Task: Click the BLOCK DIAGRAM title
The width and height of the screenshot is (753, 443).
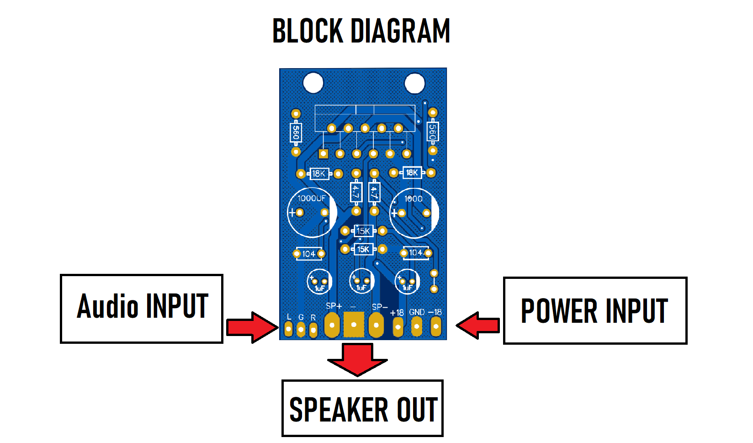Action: click(x=361, y=31)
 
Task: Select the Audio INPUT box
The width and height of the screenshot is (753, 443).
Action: click(x=142, y=309)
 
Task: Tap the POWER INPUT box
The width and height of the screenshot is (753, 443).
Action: click(x=595, y=310)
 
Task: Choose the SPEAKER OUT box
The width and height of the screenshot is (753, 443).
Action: click(x=363, y=408)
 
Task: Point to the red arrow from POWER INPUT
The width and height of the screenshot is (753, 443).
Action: click(x=477, y=325)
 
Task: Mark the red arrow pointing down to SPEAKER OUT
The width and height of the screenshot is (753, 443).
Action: click(x=357, y=359)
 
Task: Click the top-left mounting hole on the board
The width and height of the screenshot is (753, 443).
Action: click(x=313, y=83)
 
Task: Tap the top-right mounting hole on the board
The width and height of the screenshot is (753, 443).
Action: click(x=415, y=84)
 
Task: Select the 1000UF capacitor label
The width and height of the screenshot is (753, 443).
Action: click(x=312, y=198)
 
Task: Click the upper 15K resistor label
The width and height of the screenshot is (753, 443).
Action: click(x=363, y=231)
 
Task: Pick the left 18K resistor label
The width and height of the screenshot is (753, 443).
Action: click(x=318, y=174)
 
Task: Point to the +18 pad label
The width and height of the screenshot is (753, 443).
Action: click(x=397, y=313)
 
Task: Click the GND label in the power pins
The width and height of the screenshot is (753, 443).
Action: click(x=417, y=312)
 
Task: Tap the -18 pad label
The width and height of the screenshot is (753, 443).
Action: click(x=435, y=312)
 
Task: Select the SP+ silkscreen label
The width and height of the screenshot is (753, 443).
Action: click(x=334, y=306)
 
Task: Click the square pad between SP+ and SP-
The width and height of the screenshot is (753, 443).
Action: click(x=354, y=325)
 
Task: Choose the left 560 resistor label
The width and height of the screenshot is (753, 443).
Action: click(x=296, y=132)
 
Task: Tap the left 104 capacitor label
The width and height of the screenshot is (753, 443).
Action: click(x=309, y=254)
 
